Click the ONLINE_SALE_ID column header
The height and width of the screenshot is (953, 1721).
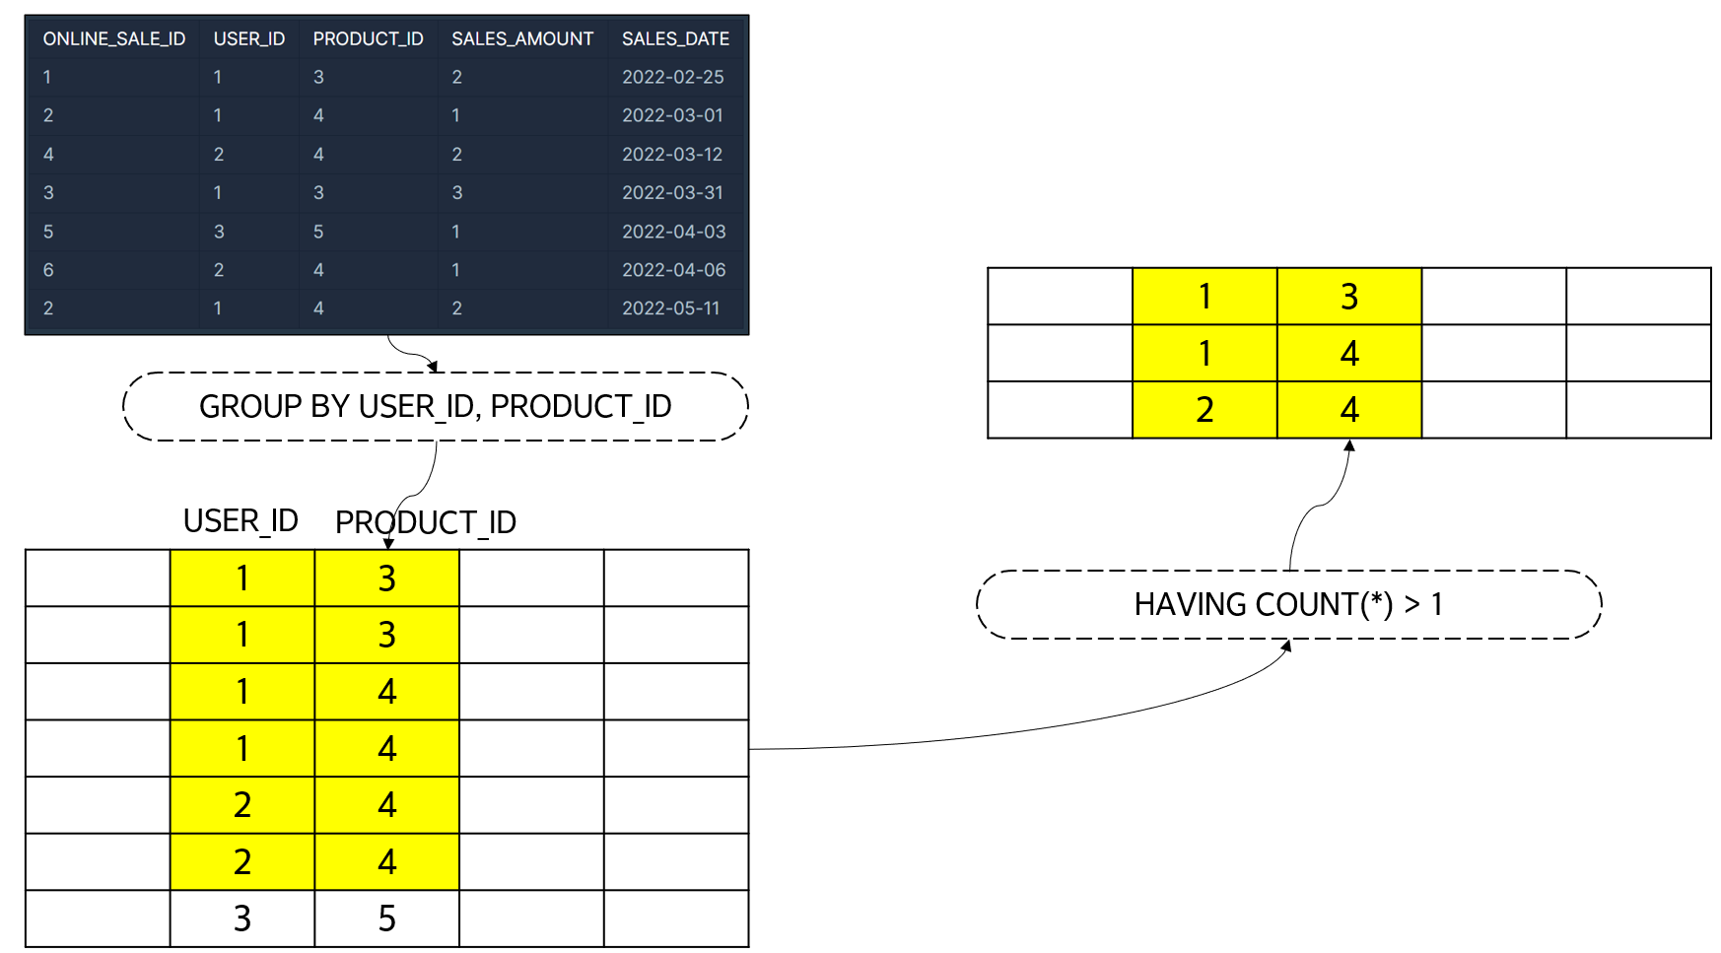113,38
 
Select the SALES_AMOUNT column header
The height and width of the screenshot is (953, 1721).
521,38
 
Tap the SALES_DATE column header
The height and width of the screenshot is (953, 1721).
675,38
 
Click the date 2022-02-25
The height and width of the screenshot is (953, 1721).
672,77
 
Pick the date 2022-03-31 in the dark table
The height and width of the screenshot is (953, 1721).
672,192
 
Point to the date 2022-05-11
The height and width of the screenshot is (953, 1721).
670,308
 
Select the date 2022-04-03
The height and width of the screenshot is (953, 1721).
673,232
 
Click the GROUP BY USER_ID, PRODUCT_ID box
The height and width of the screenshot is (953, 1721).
435,406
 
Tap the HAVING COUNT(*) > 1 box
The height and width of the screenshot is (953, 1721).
1288,604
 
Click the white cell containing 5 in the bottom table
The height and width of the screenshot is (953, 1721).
386,919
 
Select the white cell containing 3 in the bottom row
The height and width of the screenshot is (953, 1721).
242,919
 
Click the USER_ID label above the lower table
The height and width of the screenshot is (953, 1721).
241,520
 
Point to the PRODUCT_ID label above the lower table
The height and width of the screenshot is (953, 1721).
425,522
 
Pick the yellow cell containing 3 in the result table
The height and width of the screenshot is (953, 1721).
1348,296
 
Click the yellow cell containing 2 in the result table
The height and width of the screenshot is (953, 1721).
1205,409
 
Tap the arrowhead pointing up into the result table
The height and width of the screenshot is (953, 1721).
1349,445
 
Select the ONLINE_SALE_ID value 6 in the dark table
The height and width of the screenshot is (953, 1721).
48,270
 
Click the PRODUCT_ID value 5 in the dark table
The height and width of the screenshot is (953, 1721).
318,232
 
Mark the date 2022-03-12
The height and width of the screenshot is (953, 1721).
672,154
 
